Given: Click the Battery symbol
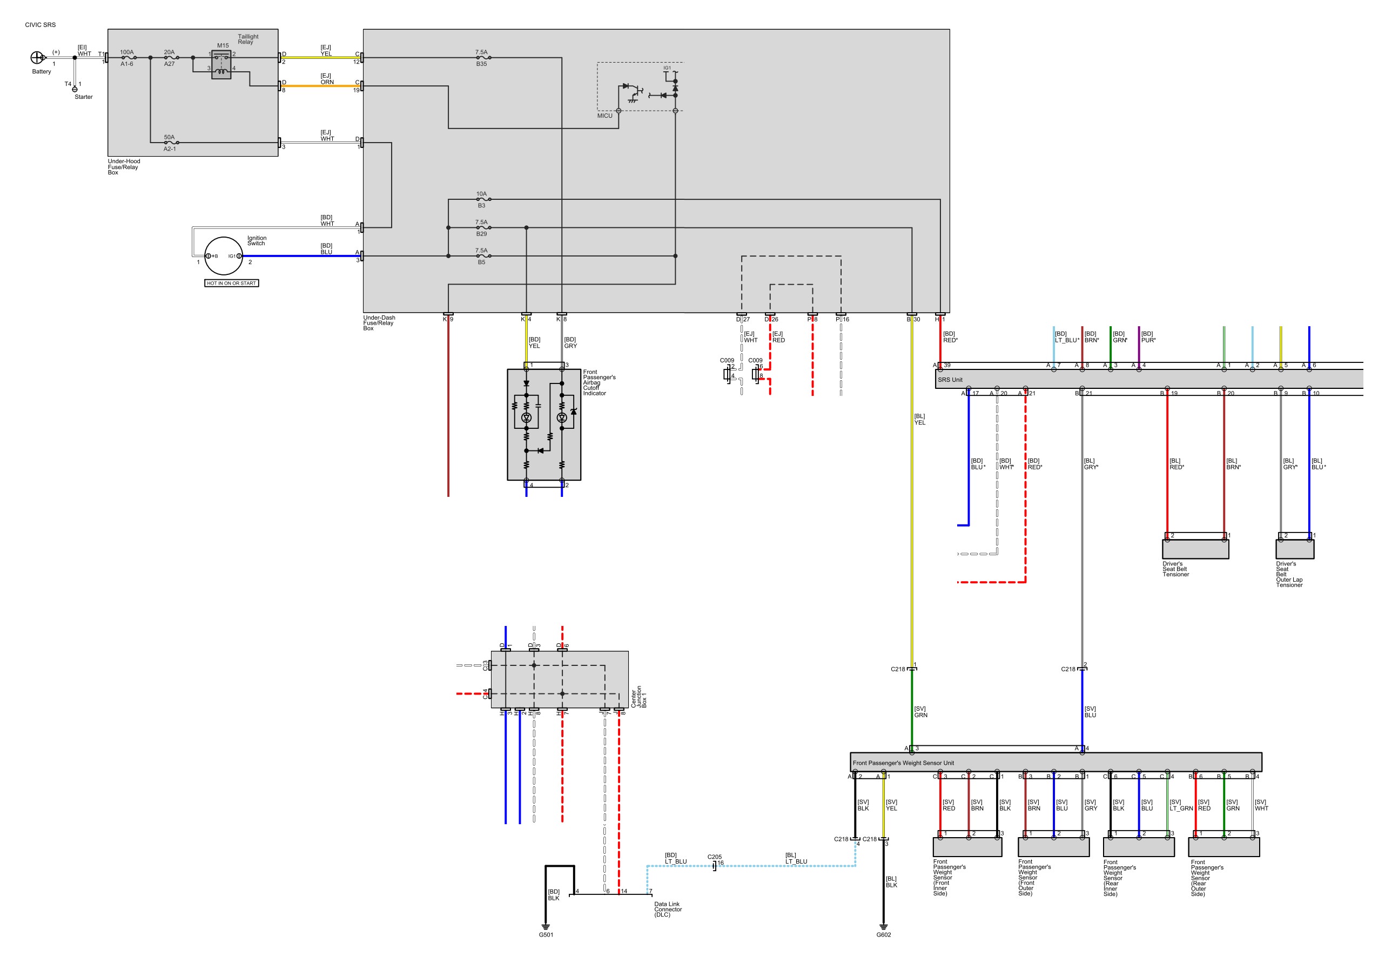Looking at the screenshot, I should [x=37, y=58].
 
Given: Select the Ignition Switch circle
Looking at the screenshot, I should [x=224, y=256].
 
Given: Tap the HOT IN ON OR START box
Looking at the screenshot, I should [x=232, y=283].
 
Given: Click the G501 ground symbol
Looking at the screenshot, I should [x=546, y=926].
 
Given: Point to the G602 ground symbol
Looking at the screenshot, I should [x=883, y=926].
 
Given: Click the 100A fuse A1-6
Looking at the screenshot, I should [x=127, y=58].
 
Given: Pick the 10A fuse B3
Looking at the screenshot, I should [x=482, y=199].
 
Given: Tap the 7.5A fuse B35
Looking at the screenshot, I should [x=482, y=58].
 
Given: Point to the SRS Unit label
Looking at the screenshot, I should [x=950, y=380].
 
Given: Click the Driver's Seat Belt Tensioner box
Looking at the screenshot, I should [x=1195, y=549].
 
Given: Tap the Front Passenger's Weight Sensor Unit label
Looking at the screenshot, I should [x=903, y=763].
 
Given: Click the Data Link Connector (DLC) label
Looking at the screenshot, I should [x=668, y=909].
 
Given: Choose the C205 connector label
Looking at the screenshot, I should [x=714, y=857].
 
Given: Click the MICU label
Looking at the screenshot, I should [x=604, y=116].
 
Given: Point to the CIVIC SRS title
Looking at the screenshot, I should [x=41, y=25].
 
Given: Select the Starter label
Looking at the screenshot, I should [x=84, y=97].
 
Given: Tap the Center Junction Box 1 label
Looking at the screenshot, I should [x=639, y=697].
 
